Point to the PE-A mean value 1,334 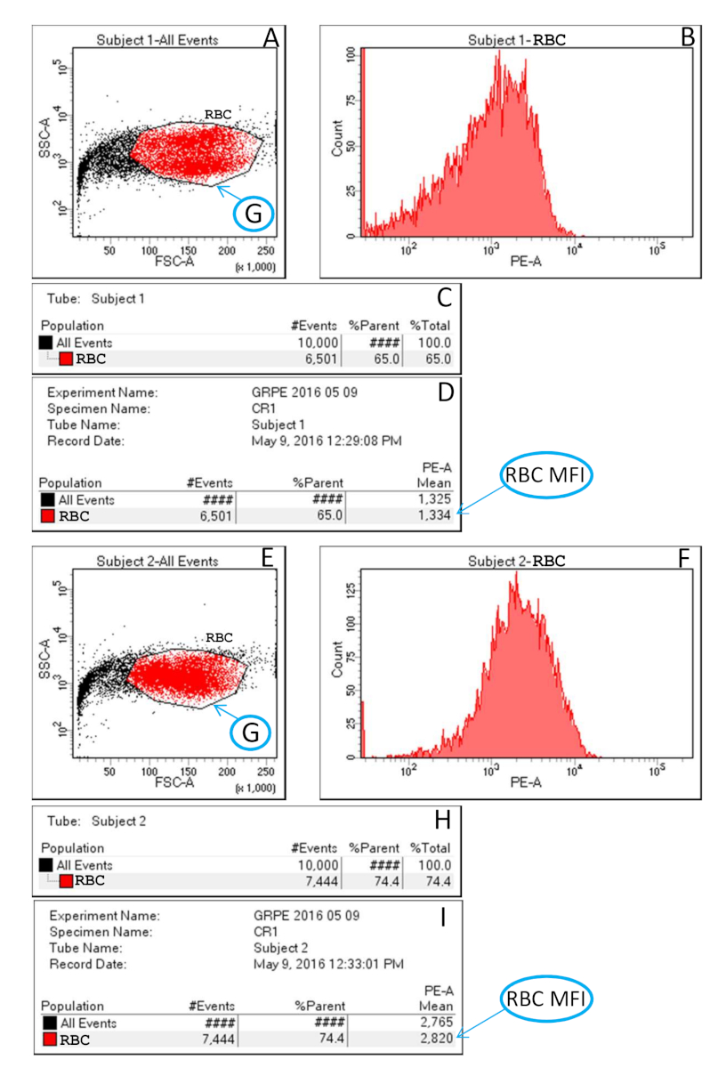click(437, 515)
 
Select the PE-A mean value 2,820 click(436, 1039)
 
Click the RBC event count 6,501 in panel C click(338, 359)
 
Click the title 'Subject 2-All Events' click(157, 562)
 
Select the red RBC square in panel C click(66, 359)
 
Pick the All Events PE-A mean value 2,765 click(436, 1023)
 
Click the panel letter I click(442, 917)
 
